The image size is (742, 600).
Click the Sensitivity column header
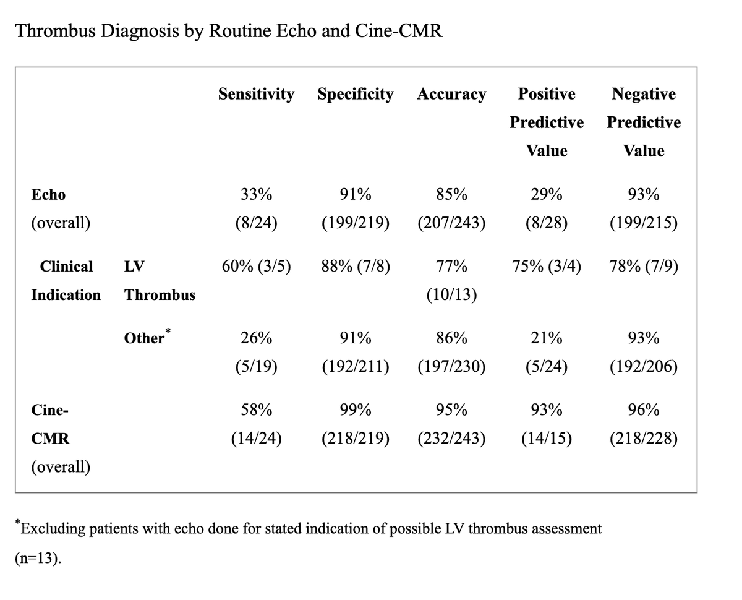coord(256,94)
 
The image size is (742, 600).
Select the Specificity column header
coord(355,94)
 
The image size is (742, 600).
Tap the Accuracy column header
coord(451,95)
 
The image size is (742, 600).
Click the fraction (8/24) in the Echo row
coord(256,223)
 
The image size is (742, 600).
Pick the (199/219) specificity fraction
coord(356,223)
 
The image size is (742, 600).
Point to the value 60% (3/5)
coord(256,267)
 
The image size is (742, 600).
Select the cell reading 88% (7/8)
coord(356,267)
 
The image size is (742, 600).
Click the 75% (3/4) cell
coord(547,267)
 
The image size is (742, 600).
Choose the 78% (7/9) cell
coord(643,267)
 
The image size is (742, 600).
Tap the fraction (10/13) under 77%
coord(451,295)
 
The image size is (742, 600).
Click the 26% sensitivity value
coord(256,338)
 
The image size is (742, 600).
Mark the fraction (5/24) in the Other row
coord(547,367)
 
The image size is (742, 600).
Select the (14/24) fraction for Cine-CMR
coord(256,439)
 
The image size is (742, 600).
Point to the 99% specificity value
coord(356,410)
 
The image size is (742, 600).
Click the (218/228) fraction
coord(643,439)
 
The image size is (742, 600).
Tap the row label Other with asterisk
coord(147,338)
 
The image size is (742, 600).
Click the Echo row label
coord(48,195)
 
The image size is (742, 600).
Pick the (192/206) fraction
coord(643,367)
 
